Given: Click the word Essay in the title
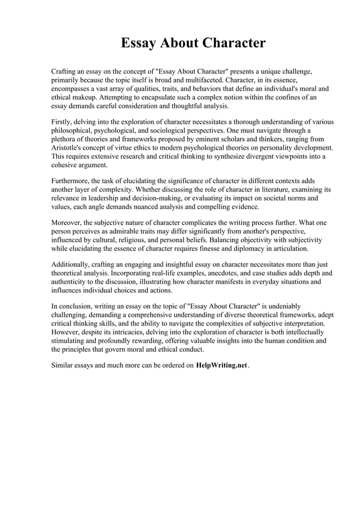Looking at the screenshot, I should point(139,43).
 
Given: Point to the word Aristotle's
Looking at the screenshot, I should point(69,147).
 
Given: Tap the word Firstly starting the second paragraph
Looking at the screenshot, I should point(63,121).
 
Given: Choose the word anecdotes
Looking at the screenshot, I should point(222,273).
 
